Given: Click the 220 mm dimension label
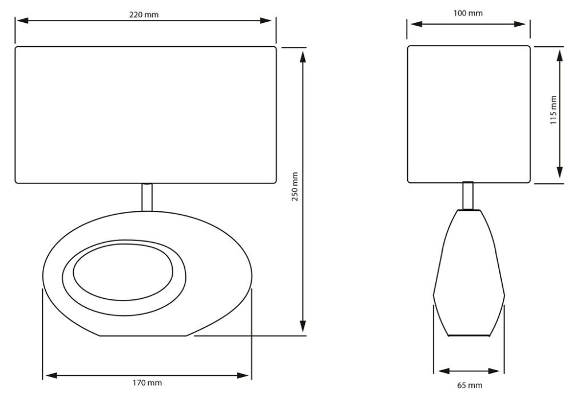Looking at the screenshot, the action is click(x=144, y=15).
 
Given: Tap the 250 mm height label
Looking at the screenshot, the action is click(x=295, y=186).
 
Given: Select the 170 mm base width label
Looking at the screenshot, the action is click(x=146, y=383).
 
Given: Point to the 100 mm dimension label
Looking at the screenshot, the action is click(x=468, y=13).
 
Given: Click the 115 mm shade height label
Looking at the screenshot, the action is click(x=553, y=110).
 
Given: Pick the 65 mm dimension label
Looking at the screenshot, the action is click(x=470, y=385).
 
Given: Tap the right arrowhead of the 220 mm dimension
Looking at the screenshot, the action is click(x=265, y=21).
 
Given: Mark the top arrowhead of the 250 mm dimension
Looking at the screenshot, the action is click(x=303, y=57).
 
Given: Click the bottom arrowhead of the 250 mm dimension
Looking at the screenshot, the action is click(x=303, y=326).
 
